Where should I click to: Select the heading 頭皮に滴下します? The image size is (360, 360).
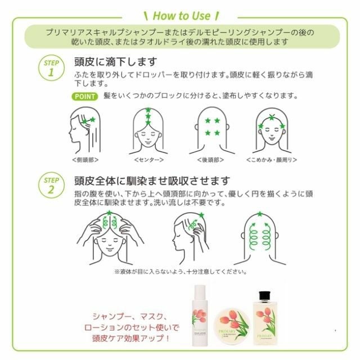[x=115, y=61]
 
